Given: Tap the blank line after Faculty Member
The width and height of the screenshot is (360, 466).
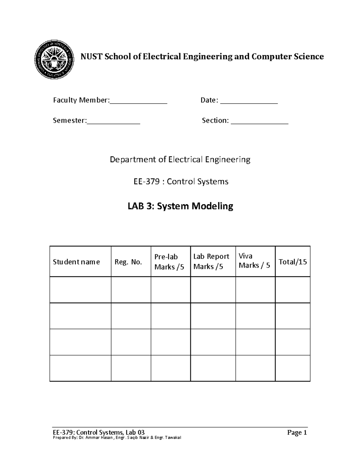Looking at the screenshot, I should (x=138, y=101).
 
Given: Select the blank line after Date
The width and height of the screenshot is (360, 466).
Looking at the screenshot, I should (x=249, y=101).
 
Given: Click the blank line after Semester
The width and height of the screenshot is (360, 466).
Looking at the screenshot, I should (x=113, y=121).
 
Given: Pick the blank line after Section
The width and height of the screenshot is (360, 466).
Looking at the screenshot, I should (x=259, y=121).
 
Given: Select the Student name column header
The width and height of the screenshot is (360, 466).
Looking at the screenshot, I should (x=76, y=262).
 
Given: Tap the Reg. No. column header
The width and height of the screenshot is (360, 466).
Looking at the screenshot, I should (x=128, y=262).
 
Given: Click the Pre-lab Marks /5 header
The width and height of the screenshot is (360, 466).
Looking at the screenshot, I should (x=169, y=262).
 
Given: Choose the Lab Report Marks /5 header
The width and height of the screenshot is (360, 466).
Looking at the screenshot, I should (x=211, y=261).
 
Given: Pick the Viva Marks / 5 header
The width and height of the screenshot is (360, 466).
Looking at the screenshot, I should (x=254, y=261).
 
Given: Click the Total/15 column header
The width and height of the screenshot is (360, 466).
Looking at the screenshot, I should (x=292, y=262).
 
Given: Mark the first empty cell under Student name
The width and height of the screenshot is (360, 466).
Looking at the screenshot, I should (x=80, y=290).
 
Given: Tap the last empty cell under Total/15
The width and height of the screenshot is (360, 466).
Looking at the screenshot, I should (x=292, y=368).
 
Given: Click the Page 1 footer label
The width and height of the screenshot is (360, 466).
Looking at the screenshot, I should (x=297, y=432).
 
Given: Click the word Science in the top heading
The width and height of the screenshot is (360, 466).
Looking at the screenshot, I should (x=309, y=56).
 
